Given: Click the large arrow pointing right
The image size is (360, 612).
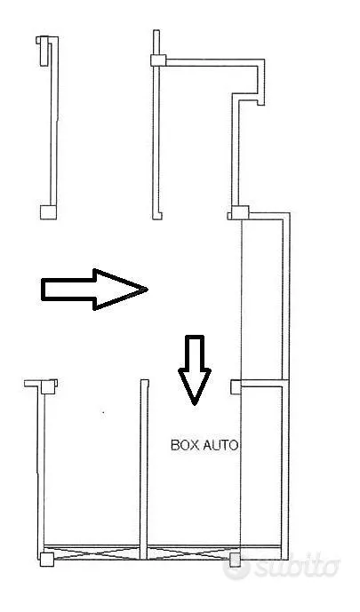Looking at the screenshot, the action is [x=93, y=290].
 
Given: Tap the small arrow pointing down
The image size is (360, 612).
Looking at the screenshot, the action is [x=195, y=369].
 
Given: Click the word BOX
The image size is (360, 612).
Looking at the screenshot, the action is [x=183, y=445].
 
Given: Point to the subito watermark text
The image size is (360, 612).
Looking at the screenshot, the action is [x=297, y=566].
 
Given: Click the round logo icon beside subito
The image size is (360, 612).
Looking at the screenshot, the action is [x=236, y=566].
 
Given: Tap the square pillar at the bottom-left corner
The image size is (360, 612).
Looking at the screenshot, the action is [x=47, y=560].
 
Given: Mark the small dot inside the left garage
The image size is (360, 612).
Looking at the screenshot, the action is [x=103, y=412].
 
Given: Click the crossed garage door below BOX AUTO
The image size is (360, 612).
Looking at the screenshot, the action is [x=189, y=552].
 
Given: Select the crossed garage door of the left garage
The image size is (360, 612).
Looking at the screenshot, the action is [x=92, y=552].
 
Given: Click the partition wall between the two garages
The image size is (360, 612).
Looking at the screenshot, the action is [x=144, y=469].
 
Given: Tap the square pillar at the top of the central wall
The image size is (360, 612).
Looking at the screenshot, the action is [x=158, y=60].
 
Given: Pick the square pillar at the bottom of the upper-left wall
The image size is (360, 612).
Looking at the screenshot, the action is [x=48, y=212].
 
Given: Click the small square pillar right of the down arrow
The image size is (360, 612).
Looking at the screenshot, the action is [x=236, y=387].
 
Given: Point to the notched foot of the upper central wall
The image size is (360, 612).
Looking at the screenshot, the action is [x=157, y=215].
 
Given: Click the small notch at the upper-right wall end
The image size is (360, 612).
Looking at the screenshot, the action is [x=260, y=103].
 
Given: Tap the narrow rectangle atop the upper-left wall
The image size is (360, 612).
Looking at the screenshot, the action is [x=44, y=52].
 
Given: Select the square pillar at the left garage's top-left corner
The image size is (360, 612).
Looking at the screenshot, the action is [x=48, y=386].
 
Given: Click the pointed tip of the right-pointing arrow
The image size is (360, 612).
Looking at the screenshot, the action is [x=148, y=290].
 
